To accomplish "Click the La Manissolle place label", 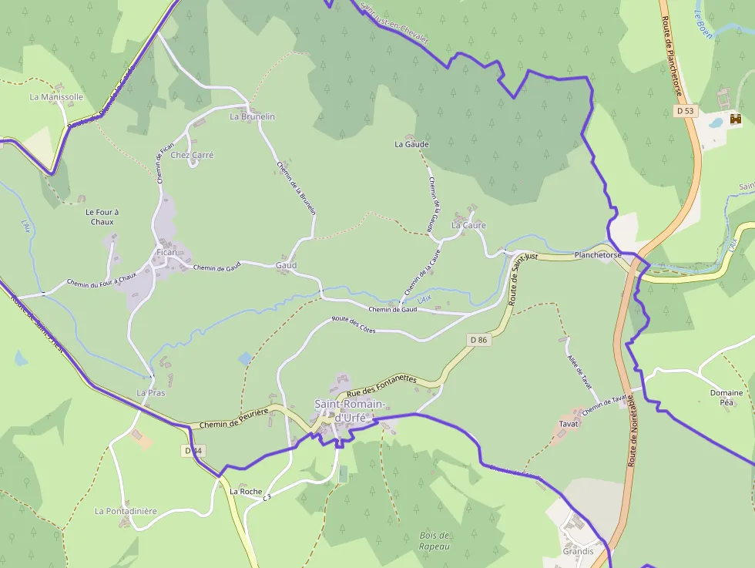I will click(x=56, y=97).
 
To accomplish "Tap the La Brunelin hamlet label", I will click(x=252, y=116).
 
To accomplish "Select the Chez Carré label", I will click(x=192, y=155).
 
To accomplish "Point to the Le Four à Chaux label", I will click(x=102, y=217).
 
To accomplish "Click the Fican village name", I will click(x=166, y=252).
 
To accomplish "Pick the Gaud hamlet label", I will click(x=286, y=265).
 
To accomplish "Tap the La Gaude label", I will click(x=411, y=144).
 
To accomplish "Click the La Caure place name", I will click(x=468, y=225).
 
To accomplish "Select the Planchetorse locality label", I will click(x=598, y=255).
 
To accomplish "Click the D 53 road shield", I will click(x=685, y=111).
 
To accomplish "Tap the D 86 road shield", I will click(x=479, y=340).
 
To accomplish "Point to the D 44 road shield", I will click(x=193, y=450).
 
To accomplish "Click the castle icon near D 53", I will click(x=736, y=119).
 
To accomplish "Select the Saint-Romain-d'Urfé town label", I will click(x=351, y=410).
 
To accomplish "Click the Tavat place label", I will click(x=569, y=424).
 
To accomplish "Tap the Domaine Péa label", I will click(x=726, y=398).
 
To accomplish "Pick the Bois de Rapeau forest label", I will click(x=435, y=540).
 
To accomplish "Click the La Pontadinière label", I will click(x=126, y=511).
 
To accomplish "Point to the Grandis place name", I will click(x=578, y=551).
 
